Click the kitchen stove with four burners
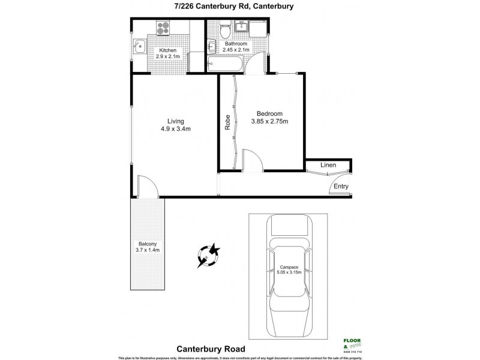click(x=164, y=28)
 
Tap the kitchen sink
click(x=139, y=46)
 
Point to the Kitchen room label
click(x=167, y=50)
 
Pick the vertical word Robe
click(x=227, y=122)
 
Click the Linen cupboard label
click(x=328, y=165)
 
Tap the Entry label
click(x=341, y=187)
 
